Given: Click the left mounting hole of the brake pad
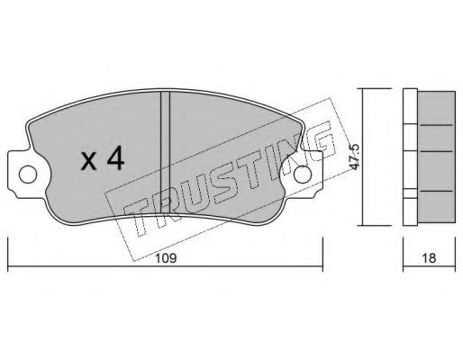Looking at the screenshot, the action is click(28, 175).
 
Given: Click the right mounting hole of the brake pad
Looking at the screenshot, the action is click(303, 175).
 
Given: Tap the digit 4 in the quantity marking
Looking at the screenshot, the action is click(115, 159).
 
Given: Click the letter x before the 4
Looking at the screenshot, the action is click(89, 162).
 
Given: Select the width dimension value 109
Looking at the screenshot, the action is click(166, 257).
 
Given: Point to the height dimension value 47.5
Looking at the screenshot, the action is click(354, 157).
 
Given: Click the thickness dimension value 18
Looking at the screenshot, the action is click(429, 257).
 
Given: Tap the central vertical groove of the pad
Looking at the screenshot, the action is click(165, 152).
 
